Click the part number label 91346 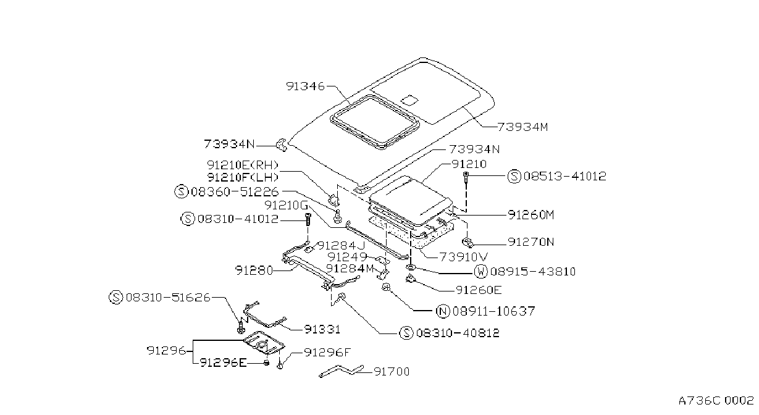(x=305, y=86)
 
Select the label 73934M (x=522, y=127)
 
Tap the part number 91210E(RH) (x=243, y=165)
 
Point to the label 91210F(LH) (x=243, y=177)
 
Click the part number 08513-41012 (x=565, y=176)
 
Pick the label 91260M (x=531, y=215)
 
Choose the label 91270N (x=531, y=242)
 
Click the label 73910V (x=464, y=257)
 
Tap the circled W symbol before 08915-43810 (x=480, y=272)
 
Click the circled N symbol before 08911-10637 (x=443, y=311)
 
